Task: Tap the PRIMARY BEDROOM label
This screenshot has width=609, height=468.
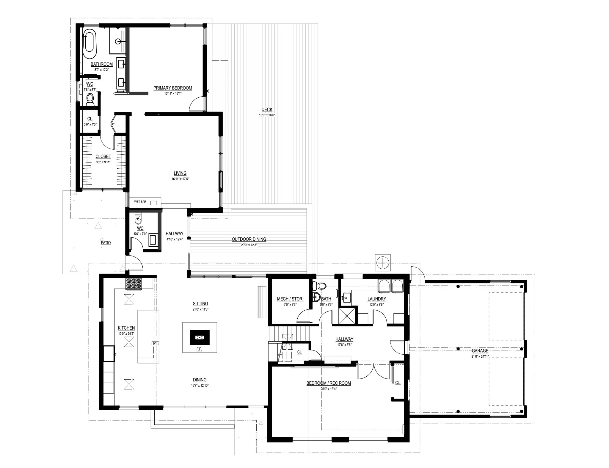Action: pyautogui.click(x=172, y=88)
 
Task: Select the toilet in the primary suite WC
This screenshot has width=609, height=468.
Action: pyautogui.click(x=90, y=99)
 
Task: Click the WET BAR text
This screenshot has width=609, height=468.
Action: pyautogui.click(x=140, y=202)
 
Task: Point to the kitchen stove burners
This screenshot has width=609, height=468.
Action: pyautogui.click(x=134, y=284)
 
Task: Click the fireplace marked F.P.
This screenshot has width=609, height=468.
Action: pyautogui.click(x=200, y=337)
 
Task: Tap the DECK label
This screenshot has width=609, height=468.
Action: pyautogui.click(x=267, y=109)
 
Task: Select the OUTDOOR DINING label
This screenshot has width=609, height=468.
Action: pyautogui.click(x=249, y=239)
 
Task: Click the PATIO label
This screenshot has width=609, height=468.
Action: pyautogui.click(x=106, y=243)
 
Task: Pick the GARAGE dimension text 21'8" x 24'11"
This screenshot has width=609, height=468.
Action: pyautogui.click(x=480, y=356)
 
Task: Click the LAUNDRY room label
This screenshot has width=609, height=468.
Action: pyautogui.click(x=376, y=299)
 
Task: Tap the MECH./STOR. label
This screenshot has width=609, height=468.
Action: pyautogui.click(x=290, y=299)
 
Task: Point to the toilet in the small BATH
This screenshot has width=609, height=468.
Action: pyautogui.click(x=319, y=286)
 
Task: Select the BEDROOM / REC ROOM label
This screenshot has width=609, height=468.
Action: pyautogui.click(x=329, y=383)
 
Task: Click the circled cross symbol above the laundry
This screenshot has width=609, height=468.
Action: pyautogui.click(x=382, y=263)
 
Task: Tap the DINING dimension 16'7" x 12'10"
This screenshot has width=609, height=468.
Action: pyautogui.click(x=200, y=385)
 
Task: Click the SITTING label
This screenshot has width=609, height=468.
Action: pyautogui.click(x=200, y=304)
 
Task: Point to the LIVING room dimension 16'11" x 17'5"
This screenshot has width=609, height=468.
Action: pyautogui.click(x=180, y=179)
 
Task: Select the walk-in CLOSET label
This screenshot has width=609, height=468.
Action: pyautogui.click(x=103, y=156)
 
